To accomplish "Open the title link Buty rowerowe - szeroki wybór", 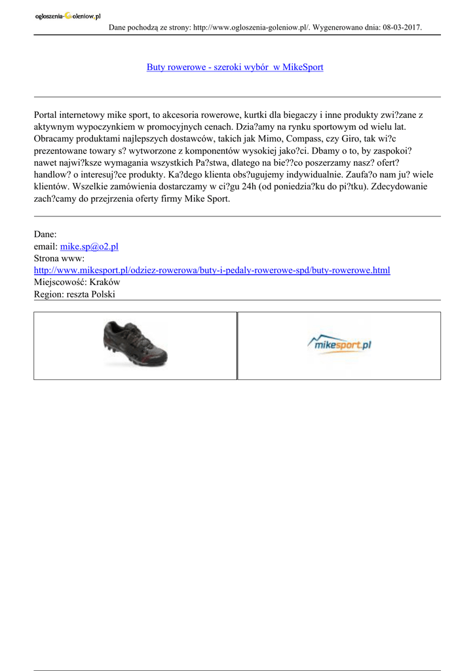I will pos(235,67).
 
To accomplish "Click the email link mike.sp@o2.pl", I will pos(89,246).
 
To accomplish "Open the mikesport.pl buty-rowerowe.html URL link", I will pos(212,270).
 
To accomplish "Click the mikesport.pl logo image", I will pos(339,344).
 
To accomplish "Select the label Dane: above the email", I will pos(45,234).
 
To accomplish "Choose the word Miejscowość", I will pos(59,282).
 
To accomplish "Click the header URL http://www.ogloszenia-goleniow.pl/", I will pos(250,28).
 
